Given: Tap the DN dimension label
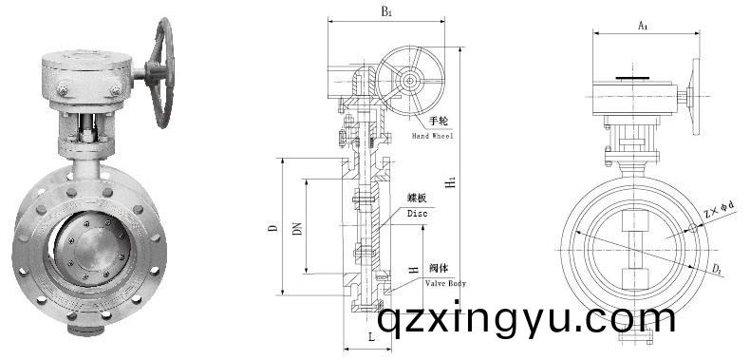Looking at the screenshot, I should pos(297,227).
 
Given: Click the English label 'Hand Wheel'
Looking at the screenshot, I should pos(434,137).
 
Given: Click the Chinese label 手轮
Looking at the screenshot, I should pos(438,121).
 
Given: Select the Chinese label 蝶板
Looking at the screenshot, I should pos(418,198).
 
